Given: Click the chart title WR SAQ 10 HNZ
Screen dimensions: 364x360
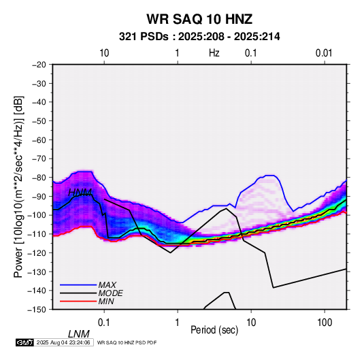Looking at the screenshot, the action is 199,19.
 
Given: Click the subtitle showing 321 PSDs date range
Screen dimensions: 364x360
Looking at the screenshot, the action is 199,37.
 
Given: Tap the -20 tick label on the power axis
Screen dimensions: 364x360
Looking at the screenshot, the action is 39,65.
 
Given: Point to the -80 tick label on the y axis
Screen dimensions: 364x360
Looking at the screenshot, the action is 39,178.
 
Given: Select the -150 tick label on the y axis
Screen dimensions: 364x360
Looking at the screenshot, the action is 37,310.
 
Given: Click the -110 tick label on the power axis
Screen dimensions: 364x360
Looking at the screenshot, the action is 37,234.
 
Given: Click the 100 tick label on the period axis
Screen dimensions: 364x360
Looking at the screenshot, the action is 325,323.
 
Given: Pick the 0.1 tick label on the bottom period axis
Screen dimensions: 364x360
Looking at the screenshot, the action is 104,323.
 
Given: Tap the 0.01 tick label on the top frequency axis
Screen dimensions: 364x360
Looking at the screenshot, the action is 324,53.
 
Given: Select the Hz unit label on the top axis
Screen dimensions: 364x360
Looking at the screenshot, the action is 214,53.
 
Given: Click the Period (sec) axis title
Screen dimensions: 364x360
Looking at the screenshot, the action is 214,330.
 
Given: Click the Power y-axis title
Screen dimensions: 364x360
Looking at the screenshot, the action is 18,186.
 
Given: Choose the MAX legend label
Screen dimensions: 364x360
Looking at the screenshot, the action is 107,284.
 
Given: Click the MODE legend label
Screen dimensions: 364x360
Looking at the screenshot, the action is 110,293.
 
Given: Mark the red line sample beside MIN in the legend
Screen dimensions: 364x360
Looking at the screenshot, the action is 78,301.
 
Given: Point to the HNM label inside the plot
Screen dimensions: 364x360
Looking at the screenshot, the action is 80,193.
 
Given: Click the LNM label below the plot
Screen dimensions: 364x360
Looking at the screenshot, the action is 79,334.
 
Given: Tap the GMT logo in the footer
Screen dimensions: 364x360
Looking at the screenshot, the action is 24,342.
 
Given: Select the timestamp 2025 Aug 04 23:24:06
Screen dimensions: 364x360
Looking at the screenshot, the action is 63,342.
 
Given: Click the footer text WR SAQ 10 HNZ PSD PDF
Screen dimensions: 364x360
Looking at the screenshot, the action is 127,342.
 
